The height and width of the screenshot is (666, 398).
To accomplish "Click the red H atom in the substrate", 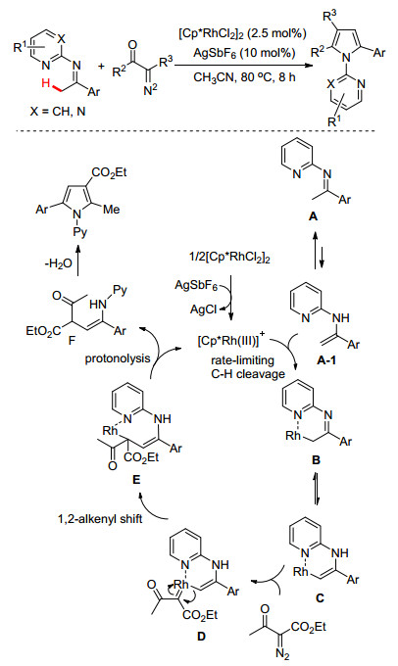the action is coord(45,83).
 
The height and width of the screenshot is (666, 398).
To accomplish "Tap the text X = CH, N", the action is coord(49,113).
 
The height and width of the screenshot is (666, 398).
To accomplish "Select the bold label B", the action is coord(316,460).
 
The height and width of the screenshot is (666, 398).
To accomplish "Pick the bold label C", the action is coord(320,598).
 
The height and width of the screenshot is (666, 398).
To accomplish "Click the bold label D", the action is coord(201,636).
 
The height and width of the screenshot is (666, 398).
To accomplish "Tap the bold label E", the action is coord(136,480).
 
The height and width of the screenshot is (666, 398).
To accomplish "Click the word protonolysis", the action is coord(118,358).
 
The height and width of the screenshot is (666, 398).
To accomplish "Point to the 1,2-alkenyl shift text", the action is coord(100,519).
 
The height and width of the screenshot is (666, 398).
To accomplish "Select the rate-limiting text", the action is coord(243,360).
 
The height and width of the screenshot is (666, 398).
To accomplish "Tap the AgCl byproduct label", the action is coord(203,309).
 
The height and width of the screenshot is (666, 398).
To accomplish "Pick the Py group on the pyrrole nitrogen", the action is coord(80,232).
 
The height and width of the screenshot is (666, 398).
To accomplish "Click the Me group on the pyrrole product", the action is coord(111,209).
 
